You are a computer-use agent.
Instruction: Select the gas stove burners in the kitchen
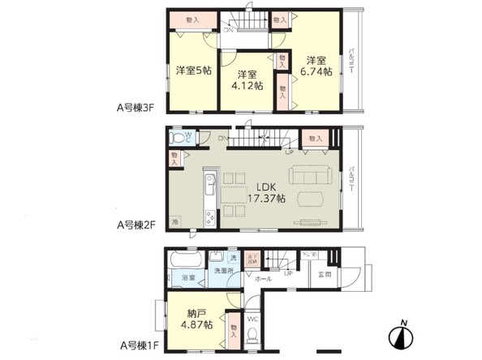(209, 217)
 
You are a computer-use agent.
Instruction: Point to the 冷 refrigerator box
(175, 221)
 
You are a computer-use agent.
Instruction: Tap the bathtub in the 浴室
(184, 263)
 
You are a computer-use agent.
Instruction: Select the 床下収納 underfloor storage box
(252, 260)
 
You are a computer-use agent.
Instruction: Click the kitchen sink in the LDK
(209, 182)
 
